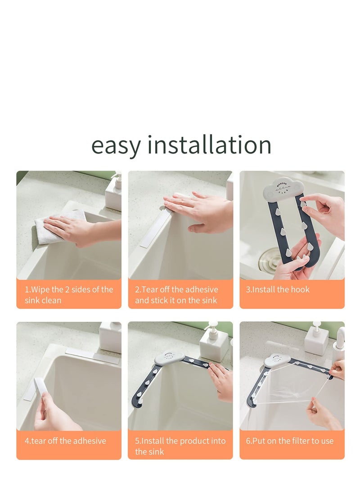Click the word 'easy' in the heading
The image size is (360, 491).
pyautogui.click(x=116, y=145)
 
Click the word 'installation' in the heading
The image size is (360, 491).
pyautogui.click(x=209, y=145)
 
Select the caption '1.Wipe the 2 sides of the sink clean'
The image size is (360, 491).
pyautogui.click(x=69, y=295)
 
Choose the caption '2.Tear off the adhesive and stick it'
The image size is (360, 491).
pyautogui.click(x=177, y=295)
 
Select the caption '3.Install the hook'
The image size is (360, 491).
pyautogui.click(x=278, y=289)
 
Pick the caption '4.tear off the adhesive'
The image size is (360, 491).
pyautogui.click(x=65, y=441)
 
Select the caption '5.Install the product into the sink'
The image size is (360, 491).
pyautogui.click(x=180, y=446)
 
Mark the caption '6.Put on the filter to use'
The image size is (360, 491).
pyautogui.click(x=290, y=441)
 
